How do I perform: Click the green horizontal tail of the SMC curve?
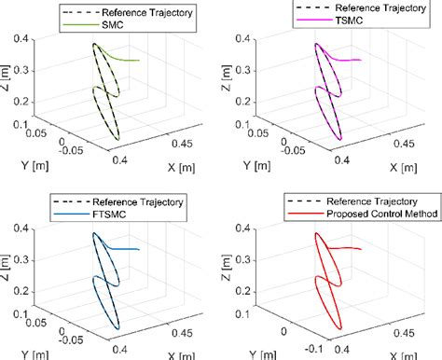[x=129, y=61]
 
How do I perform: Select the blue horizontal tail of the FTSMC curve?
[x=129, y=249]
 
